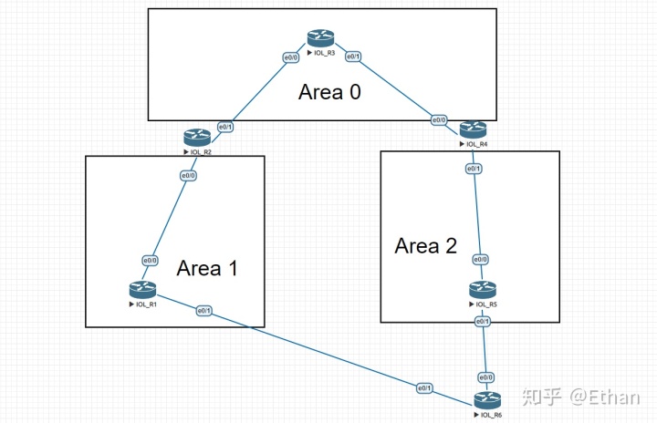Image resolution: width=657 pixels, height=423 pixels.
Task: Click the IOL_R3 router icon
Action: [320, 38]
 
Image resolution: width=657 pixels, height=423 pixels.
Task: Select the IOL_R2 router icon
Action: [196, 137]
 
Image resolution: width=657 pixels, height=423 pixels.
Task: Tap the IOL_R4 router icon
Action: [474, 129]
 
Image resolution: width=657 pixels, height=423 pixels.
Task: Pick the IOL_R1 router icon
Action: [143, 290]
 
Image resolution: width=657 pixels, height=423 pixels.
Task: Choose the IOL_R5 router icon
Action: [483, 290]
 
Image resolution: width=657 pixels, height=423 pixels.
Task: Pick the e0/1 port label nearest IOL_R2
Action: [225, 126]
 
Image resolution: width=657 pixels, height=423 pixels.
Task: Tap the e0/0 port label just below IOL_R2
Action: [189, 176]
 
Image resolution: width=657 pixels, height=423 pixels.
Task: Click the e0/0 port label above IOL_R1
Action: [150, 261]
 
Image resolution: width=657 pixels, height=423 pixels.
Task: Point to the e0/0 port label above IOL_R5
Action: [479, 261]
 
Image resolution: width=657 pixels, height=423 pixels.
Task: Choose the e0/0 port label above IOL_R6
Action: [486, 377]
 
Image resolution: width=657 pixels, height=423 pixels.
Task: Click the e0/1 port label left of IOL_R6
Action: [424, 387]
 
